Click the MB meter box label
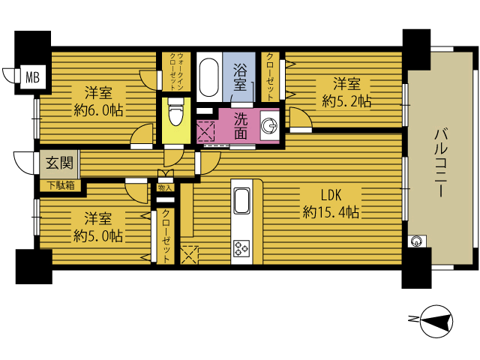(x=32, y=76)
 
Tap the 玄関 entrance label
(x=60, y=163)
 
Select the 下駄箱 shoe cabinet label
(x=61, y=185)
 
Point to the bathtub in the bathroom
(x=209, y=76)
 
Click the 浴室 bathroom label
(x=239, y=76)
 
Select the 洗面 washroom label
(x=241, y=126)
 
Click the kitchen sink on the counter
(x=241, y=200)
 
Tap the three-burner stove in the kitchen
(x=241, y=248)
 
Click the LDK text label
(x=331, y=195)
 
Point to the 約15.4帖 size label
(x=331, y=211)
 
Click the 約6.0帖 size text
(x=98, y=110)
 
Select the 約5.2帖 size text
(x=346, y=101)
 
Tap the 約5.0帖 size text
(x=98, y=235)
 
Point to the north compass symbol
(x=436, y=322)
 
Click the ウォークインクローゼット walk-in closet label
(x=176, y=72)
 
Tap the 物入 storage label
(x=165, y=187)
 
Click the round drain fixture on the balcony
(x=416, y=241)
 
